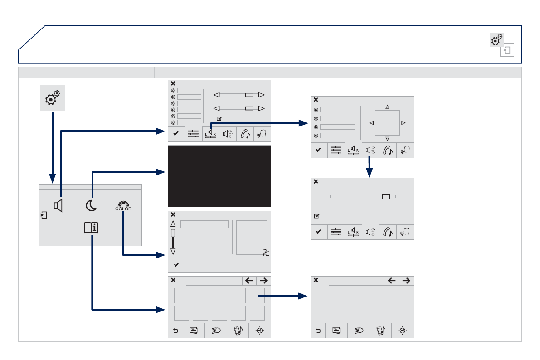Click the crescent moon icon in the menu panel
click(91, 205)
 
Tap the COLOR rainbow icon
click(123, 206)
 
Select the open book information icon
click(91, 228)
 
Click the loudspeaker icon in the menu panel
click(58, 205)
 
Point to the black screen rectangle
click(219, 176)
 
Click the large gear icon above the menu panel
click(52, 98)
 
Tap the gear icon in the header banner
click(496, 40)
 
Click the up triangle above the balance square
click(388, 107)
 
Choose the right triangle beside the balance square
click(403, 123)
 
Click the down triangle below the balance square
click(388, 139)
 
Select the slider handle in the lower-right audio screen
click(386, 196)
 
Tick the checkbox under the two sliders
click(219, 118)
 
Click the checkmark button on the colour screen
click(176, 265)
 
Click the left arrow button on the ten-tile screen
click(249, 281)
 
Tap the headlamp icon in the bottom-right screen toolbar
click(359, 331)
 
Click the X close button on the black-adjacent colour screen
click(173, 214)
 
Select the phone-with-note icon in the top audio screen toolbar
click(245, 134)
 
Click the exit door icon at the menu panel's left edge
click(44, 215)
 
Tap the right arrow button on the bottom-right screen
click(406, 281)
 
